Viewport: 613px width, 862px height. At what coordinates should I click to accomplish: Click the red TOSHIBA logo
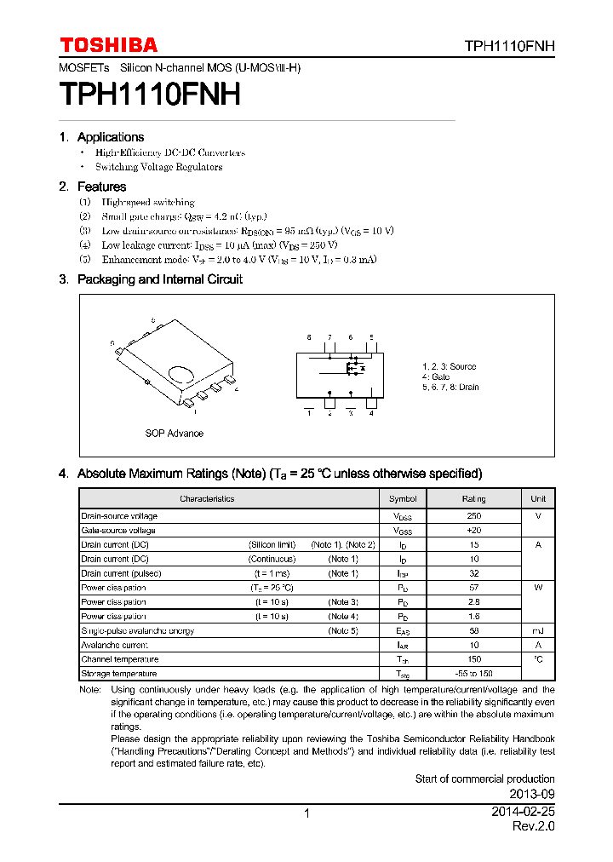click(108, 45)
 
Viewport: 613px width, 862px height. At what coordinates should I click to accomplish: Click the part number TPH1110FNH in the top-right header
click(509, 47)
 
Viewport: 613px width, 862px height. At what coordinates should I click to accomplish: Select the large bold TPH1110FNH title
click(150, 94)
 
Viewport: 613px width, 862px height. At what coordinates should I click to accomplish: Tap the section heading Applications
click(110, 137)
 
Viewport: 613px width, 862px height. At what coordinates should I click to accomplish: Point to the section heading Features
click(101, 187)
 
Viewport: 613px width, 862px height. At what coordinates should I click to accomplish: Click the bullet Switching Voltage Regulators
click(158, 167)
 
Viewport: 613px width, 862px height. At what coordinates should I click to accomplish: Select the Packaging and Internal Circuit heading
click(159, 279)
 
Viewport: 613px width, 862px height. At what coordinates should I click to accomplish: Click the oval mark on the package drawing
click(183, 374)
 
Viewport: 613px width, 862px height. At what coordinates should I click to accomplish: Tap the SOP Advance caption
click(174, 434)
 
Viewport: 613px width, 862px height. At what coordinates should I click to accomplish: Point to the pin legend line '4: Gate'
click(436, 376)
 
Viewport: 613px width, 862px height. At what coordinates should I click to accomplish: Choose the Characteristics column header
click(207, 498)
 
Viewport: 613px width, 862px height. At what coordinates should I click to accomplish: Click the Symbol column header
click(403, 498)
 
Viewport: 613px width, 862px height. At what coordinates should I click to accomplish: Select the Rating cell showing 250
click(474, 516)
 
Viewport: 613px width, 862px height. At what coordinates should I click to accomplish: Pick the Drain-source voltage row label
click(119, 516)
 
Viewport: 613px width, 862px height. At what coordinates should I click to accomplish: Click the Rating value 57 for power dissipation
click(474, 588)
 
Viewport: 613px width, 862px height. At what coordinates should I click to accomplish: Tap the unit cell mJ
click(538, 630)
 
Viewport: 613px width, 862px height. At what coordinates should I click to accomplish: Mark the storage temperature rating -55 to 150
click(474, 674)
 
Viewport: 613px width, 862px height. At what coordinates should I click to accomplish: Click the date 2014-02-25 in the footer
click(523, 813)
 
